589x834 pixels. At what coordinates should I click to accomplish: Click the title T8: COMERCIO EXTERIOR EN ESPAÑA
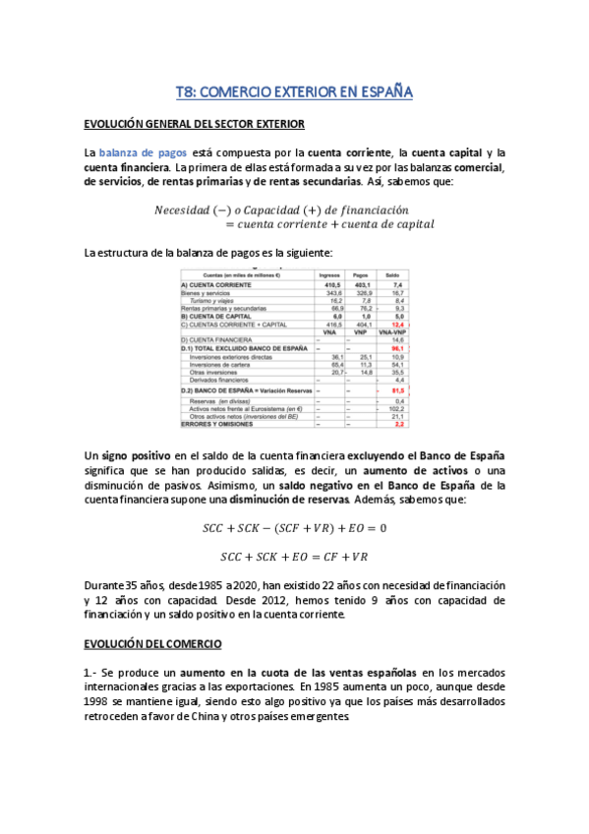point(294,91)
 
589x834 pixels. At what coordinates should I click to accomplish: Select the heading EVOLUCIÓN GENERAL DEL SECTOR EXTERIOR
point(195,124)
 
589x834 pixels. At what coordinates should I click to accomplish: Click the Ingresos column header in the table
point(329,274)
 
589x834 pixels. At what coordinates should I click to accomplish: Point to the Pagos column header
point(361,274)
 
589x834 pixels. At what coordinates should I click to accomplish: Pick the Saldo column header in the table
point(393,274)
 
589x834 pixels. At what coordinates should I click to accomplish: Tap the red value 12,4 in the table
point(397,324)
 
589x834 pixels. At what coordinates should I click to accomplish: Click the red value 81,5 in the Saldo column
point(397,390)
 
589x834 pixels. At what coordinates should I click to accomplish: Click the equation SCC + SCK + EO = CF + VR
point(294,556)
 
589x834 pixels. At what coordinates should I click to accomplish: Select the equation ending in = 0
point(294,527)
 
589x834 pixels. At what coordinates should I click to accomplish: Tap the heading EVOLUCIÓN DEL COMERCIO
point(152,644)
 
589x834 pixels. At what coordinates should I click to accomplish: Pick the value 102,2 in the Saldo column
point(396,408)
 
